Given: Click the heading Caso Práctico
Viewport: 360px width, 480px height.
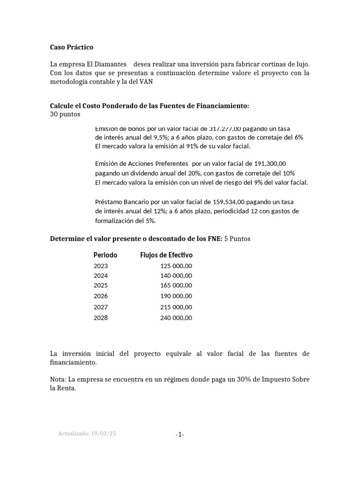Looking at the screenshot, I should click(x=72, y=47).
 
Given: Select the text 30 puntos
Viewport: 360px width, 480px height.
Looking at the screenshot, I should click(x=65, y=114).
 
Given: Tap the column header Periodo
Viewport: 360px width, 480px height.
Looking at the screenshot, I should click(x=105, y=255).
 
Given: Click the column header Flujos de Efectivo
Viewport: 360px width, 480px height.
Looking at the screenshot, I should click(x=166, y=255).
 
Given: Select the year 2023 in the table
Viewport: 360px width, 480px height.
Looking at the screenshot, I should click(x=100, y=266).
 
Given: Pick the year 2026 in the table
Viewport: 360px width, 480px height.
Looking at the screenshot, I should click(x=100, y=296).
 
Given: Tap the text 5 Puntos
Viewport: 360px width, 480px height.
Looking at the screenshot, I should click(x=238, y=239).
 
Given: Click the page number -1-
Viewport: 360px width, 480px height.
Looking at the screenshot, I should click(x=180, y=435).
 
